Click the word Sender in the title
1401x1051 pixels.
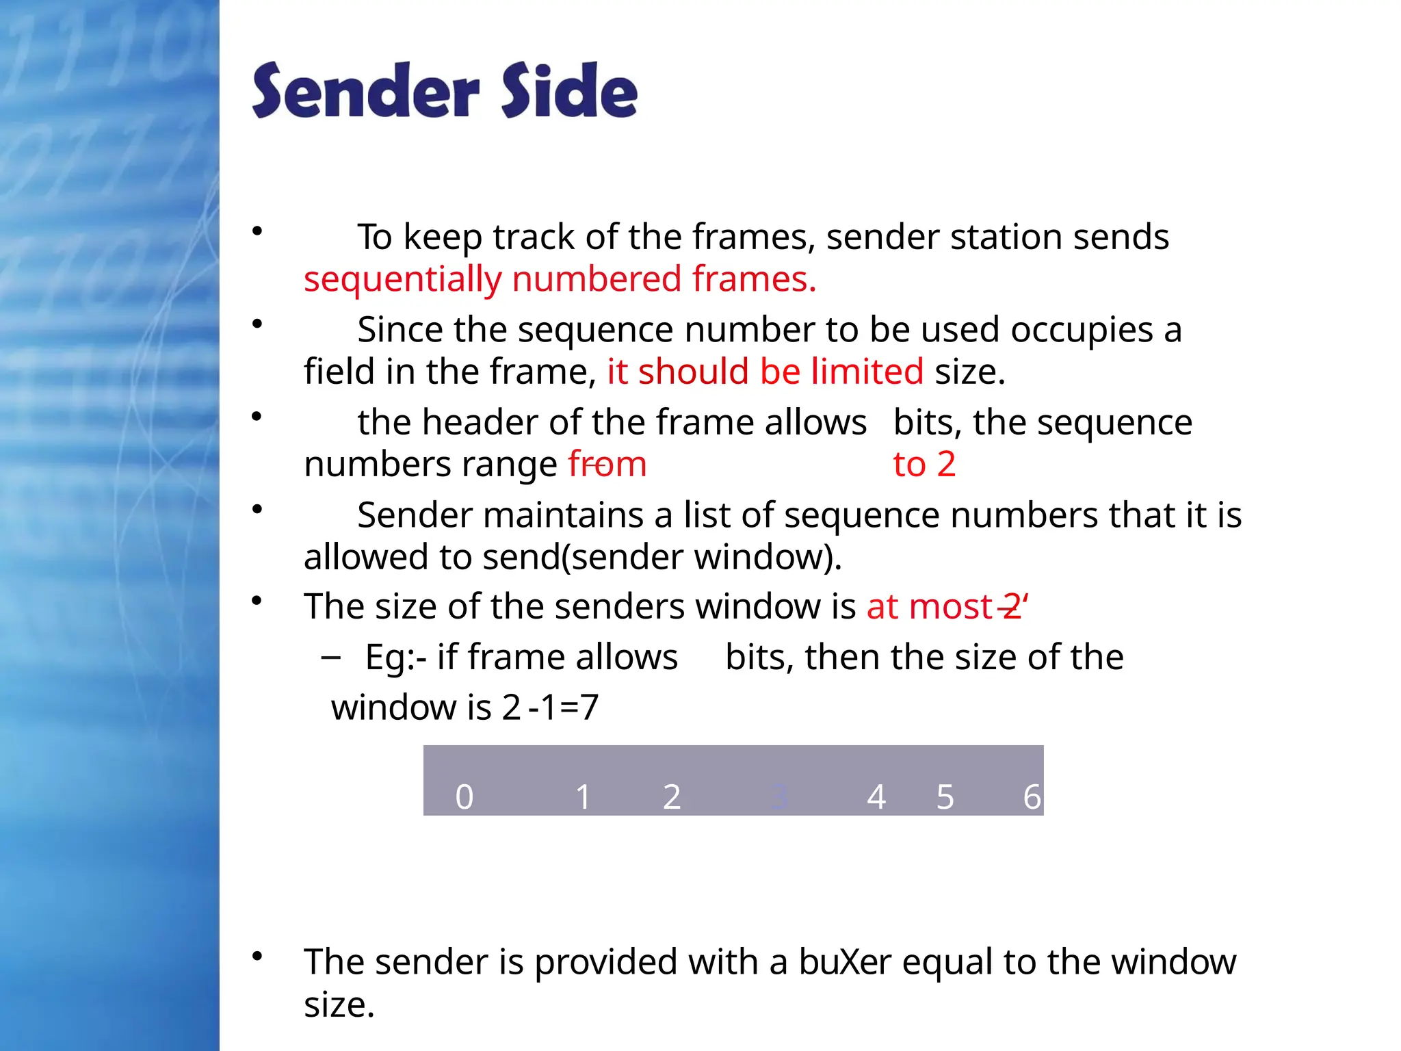365,92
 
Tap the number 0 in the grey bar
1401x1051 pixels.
464,797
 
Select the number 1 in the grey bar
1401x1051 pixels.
583,797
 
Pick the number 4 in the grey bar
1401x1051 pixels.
876,797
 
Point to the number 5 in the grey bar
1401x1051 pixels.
945,797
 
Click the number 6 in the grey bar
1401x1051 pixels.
1032,797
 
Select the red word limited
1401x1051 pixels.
867,372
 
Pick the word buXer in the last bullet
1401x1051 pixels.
845,962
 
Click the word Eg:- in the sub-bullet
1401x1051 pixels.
396,658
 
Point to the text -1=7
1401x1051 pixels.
564,708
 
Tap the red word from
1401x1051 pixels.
607,465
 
